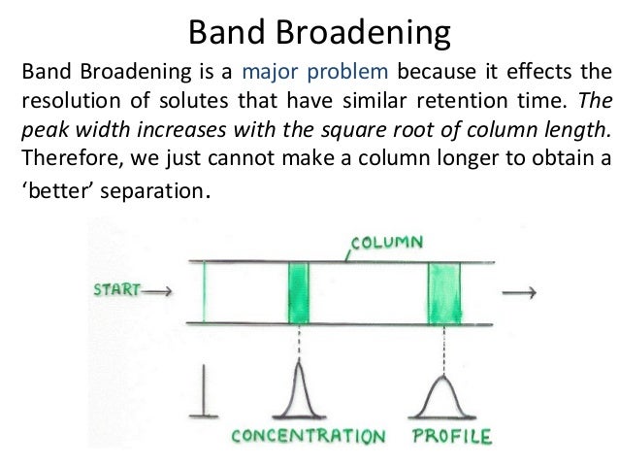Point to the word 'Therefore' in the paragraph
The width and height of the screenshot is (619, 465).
tap(65, 157)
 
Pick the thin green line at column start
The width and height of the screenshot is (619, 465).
tap(205, 292)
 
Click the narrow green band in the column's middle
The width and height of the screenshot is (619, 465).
tap(298, 292)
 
